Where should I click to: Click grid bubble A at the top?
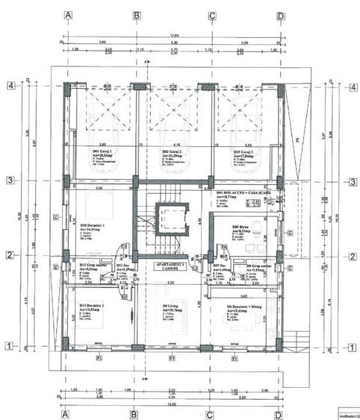[68, 15]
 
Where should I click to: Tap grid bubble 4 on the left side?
[10, 86]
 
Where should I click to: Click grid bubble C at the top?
[213, 15]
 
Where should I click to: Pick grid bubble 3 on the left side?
[10, 181]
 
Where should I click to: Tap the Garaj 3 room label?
[240, 152]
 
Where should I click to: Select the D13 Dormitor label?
[96, 307]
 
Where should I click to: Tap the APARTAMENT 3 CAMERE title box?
[171, 267]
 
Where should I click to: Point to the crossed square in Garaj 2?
[173, 111]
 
